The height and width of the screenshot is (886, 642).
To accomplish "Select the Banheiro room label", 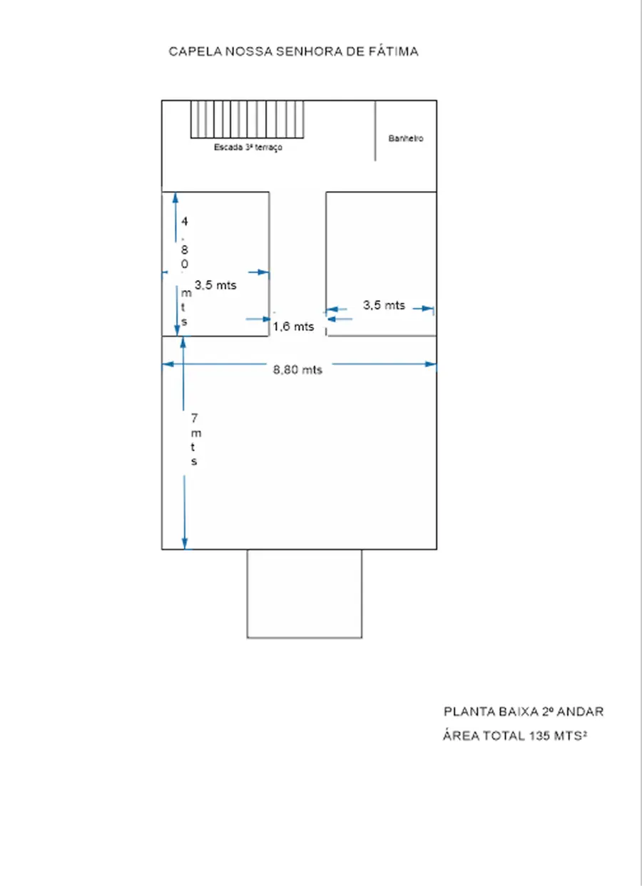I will point(405,138).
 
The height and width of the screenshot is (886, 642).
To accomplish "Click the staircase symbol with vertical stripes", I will point(248,119).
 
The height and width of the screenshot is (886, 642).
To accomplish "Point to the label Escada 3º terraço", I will point(248,147).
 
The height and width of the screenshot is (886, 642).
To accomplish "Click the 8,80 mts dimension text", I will point(297,369).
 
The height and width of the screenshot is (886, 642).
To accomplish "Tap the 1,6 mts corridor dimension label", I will point(293,326).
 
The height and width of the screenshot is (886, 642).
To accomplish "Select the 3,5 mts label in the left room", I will point(215,285).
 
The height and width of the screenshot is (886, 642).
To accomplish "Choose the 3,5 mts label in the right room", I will point(384,305).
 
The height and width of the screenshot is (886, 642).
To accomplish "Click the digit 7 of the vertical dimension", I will point(194,418).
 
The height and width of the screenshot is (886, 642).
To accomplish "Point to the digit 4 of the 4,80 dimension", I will point(185,221).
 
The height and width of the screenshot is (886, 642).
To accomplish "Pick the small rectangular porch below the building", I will point(305,593).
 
